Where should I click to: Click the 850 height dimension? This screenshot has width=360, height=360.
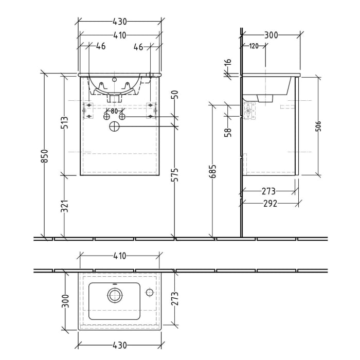point(45,156)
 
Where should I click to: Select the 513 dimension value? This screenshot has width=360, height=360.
point(64,124)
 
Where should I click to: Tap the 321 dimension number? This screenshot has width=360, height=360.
point(64,206)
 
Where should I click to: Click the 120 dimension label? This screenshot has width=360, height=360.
point(254,46)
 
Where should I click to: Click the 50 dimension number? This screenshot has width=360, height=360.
point(175,95)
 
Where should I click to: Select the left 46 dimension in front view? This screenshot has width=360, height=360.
point(100,47)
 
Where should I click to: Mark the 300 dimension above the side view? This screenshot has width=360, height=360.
point(271,35)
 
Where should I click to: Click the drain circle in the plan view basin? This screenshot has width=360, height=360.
point(115,295)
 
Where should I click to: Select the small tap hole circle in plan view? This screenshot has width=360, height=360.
point(149,293)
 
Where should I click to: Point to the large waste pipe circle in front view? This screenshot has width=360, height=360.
point(115,127)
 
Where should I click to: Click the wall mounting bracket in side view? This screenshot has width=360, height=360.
point(249,111)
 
